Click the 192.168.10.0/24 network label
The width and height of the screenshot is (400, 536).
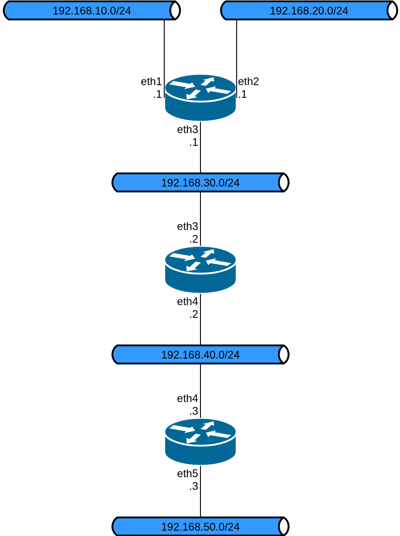point(91,11)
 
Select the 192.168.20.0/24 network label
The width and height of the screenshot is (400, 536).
point(309,11)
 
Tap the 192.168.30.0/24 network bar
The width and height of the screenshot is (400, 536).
point(200,182)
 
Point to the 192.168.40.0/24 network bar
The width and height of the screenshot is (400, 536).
point(200,354)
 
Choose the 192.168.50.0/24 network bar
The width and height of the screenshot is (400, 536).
point(200,526)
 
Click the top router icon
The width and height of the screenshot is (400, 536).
point(200,98)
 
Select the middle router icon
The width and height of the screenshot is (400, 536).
point(200,270)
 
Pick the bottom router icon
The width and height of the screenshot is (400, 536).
point(200,442)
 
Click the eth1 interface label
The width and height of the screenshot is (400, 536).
point(151,81)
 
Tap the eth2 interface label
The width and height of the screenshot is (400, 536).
point(248,81)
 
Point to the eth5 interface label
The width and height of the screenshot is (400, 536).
point(187,474)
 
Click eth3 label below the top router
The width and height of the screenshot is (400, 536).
point(187,129)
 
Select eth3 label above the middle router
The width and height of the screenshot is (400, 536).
point(187,226)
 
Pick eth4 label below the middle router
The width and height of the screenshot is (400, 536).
point(187,301)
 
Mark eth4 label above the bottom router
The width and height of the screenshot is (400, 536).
point(187,398)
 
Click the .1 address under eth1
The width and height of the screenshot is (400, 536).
point(157,94)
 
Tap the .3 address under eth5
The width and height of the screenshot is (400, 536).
point(194,486)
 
